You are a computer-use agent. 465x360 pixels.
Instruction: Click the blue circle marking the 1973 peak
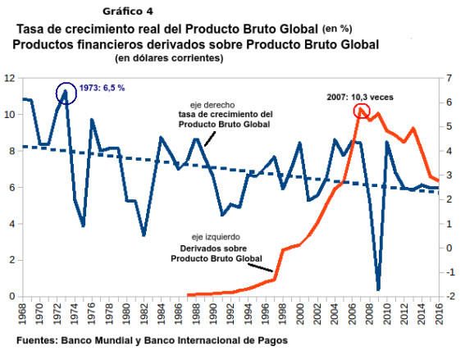66,93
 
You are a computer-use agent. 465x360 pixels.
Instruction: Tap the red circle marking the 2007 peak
360,111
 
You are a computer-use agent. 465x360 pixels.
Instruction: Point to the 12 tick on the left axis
10,78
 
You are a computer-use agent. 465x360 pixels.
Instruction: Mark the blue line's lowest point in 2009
378,289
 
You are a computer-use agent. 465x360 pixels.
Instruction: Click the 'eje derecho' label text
225,104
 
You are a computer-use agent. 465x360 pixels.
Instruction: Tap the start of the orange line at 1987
187,294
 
